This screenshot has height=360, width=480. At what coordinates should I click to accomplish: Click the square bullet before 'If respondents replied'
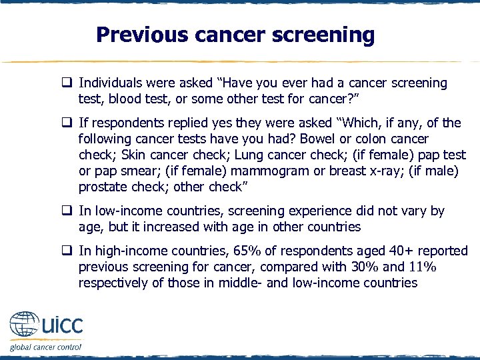click(68, 123)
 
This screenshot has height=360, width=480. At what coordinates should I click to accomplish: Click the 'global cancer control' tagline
click(45, 347)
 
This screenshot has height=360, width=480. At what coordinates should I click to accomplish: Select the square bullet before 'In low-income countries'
click(68, 211)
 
